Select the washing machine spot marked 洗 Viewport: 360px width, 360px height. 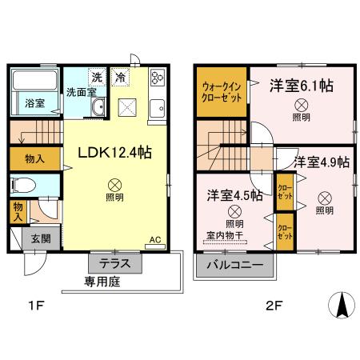pos(96,78)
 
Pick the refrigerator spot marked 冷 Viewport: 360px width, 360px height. pos(119,78)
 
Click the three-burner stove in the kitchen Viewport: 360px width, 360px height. pos(156,78)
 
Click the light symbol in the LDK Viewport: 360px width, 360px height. pos(114,183)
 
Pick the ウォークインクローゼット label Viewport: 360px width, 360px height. pos(220,96)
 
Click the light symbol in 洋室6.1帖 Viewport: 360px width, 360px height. pos(302,104)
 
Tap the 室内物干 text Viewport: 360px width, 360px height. pos(227,235)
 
